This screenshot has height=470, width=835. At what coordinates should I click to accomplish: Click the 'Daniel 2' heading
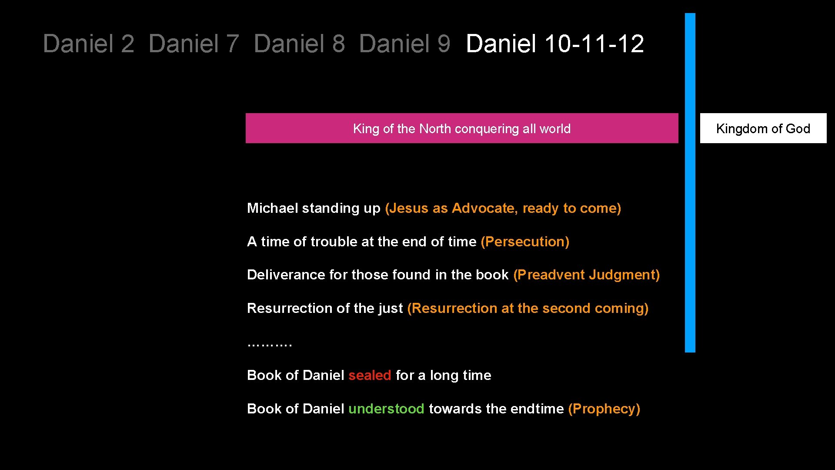coord(89,44)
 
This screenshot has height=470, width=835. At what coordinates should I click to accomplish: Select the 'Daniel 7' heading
coord(194,44)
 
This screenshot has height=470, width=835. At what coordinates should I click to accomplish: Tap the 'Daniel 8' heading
coord(300,44)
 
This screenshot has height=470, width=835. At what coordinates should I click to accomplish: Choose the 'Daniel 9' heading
coord(405,44)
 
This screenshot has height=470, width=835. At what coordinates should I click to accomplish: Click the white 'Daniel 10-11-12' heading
coord(555,44)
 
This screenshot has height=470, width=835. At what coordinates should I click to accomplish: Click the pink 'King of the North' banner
coord(461,128)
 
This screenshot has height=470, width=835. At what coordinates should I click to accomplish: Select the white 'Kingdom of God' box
coord(763,128)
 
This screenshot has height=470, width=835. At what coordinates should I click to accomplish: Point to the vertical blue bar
coord(690,183)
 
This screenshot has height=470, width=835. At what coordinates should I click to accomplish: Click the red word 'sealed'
coord(370,375)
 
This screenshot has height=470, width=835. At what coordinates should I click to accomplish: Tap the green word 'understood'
coord(386,409)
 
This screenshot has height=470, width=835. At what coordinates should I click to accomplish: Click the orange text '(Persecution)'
coord(525,242)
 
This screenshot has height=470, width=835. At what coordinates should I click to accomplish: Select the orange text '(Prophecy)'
coord(604,409)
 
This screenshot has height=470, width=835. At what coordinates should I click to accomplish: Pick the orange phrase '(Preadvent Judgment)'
coord(586,275)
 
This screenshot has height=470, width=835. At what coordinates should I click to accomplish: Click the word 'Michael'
coord(273,208)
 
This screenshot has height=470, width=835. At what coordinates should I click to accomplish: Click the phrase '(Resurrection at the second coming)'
coord(528,308)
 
